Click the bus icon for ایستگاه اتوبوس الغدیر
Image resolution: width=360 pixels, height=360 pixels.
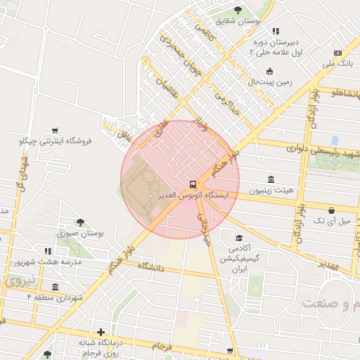point(193,184)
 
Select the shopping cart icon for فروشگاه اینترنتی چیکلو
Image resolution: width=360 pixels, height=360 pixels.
point(55,131)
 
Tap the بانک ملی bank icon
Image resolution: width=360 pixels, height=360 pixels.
point(338,53)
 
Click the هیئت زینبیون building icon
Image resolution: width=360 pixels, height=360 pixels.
point(271,180)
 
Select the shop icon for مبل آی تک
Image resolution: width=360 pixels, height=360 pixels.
point(332,210)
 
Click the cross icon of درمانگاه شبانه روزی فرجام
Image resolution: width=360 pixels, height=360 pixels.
point(101,332)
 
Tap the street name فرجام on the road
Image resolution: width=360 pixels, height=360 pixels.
point(162,347)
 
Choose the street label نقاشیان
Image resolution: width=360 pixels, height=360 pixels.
point(167,87)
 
